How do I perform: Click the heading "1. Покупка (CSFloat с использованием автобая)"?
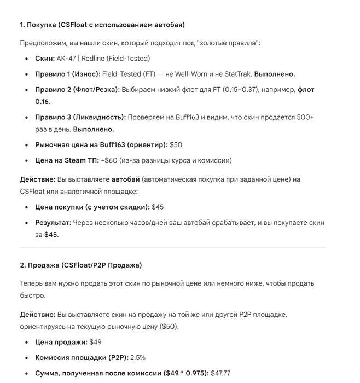102,25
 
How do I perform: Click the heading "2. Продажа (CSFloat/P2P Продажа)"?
80,265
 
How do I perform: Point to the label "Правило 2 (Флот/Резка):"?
77,89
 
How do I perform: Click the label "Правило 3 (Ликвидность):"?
80,117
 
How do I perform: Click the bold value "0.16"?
42,101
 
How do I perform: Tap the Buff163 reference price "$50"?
176,145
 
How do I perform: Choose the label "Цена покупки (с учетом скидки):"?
92,207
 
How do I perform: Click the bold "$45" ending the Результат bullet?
51,235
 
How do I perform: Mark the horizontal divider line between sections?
173,248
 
